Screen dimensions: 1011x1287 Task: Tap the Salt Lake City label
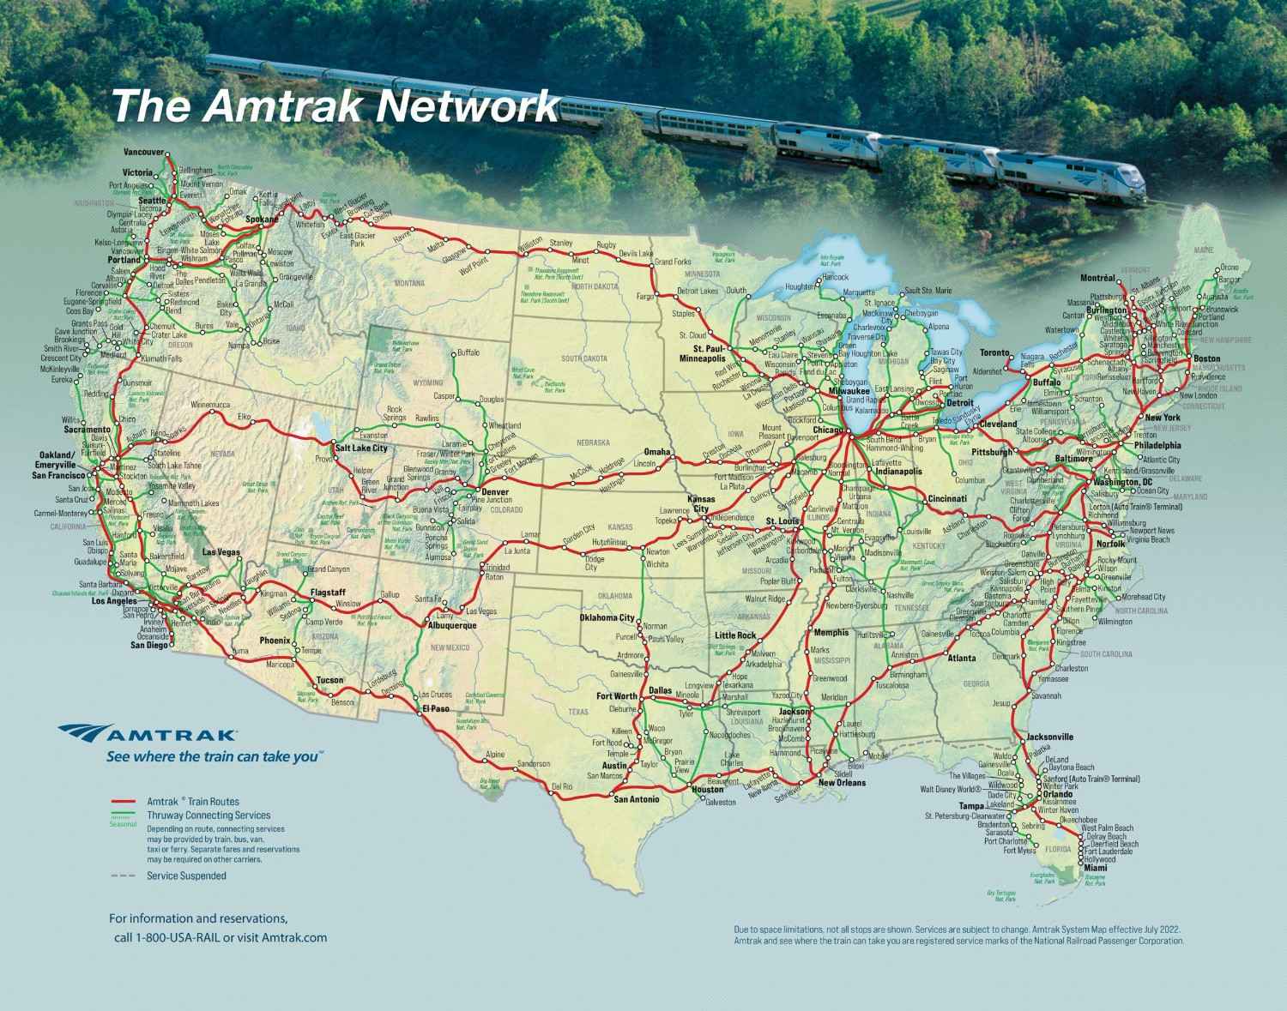tap(361, 448)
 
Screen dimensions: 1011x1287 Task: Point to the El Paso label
tap(436, 708)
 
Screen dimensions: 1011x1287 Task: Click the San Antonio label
tap(637, 799)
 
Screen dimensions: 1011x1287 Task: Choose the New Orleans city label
tap(842, 783)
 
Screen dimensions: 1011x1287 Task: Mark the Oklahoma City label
tap(607, 617)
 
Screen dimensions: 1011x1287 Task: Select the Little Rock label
tap(736, 635)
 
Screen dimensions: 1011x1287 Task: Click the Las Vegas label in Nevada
tap(221, 552)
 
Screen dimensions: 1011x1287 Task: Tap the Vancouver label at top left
tap(143, 152)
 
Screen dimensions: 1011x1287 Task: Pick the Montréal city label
tap(1097, 278)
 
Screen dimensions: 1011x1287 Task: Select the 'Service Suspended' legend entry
tap(186, 876)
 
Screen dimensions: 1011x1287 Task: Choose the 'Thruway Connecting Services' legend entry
tap(208, 815)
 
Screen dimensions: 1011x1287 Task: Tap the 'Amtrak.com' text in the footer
tap(291, 938)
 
